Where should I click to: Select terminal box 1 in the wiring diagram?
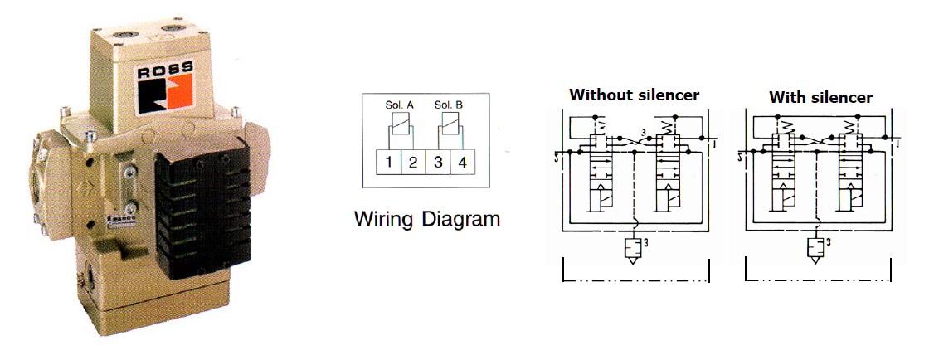coord(388,162)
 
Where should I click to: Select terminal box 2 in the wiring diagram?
coord(411,162)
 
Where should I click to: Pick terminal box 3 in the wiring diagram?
coord(437,162)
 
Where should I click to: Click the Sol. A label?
coord(398,105)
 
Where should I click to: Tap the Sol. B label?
coord(449,105)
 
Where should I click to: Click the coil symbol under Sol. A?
coord(398,125)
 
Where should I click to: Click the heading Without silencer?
coord(634,95)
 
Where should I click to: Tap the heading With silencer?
coord(820,97)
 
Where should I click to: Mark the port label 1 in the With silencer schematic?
coord(898,144)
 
